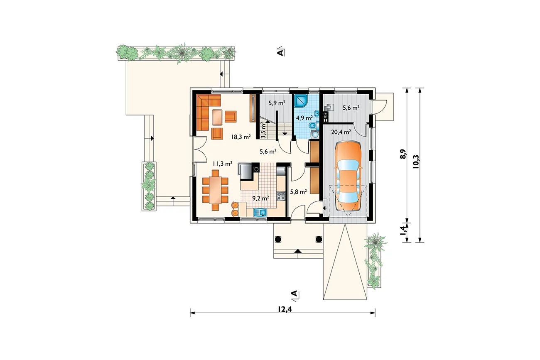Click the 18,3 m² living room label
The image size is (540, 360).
pyautogui.click(x=241, y=137)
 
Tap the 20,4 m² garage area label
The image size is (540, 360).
pyautogui.click(x=341, y=132)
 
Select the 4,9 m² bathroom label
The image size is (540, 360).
pyautogui.click(x=304, y=118)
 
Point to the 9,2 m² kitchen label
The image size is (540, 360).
pyautogui.click(x=260, y=198)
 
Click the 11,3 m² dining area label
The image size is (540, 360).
pyautogui.click(x=222, y=164)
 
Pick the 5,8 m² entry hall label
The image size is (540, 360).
pyautogui.click(x=298, y=192)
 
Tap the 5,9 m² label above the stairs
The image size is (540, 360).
pyautogui.click(x=277, y=103)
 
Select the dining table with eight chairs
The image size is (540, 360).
pyautogui.click(x=215, y=190)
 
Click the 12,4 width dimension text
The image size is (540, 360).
pyautogui.click(x=285, y=309)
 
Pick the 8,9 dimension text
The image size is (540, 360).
pyautogui.click(x=403, y=154)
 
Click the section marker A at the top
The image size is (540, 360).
pyautogui.click(x=280, y=52)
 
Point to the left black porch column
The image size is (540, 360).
pyautogui.click(x=278, y=239)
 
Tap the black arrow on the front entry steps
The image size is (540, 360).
pyautogui.click(x=298, y=251)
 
